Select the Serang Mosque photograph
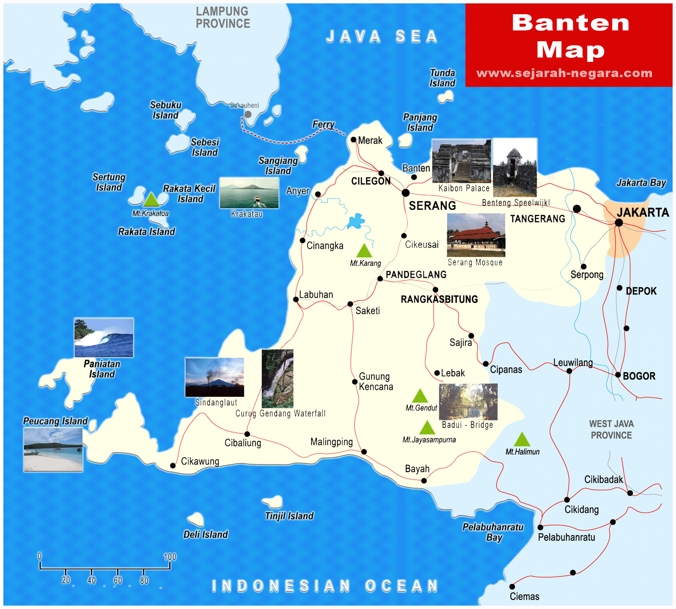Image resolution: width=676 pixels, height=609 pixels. (476, 235)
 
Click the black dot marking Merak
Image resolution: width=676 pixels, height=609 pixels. (354, 140)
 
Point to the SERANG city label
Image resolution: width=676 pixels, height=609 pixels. (432, 206)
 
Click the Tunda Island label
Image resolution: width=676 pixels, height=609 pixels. (442, 78)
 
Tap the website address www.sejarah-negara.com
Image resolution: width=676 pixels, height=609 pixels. (564, 73)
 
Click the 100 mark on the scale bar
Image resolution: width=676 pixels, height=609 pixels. (170, 557)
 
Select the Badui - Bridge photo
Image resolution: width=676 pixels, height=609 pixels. (468, 402)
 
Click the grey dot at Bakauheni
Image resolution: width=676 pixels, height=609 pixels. (248, 114)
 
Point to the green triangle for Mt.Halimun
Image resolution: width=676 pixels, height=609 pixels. (522, 440)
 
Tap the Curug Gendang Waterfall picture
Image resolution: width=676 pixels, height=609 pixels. (277, 379)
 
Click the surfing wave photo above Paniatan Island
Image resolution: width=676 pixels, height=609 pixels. (104, 337)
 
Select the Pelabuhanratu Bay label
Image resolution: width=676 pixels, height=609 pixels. (493, 532)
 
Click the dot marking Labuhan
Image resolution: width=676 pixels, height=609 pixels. (296, 299)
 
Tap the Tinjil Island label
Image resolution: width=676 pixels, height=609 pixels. (289, 516)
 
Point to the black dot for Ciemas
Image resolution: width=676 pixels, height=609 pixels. (512, 587)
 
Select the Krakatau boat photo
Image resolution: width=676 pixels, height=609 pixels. (249, 193)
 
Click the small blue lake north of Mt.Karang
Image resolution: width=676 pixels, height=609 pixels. (356, 221)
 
